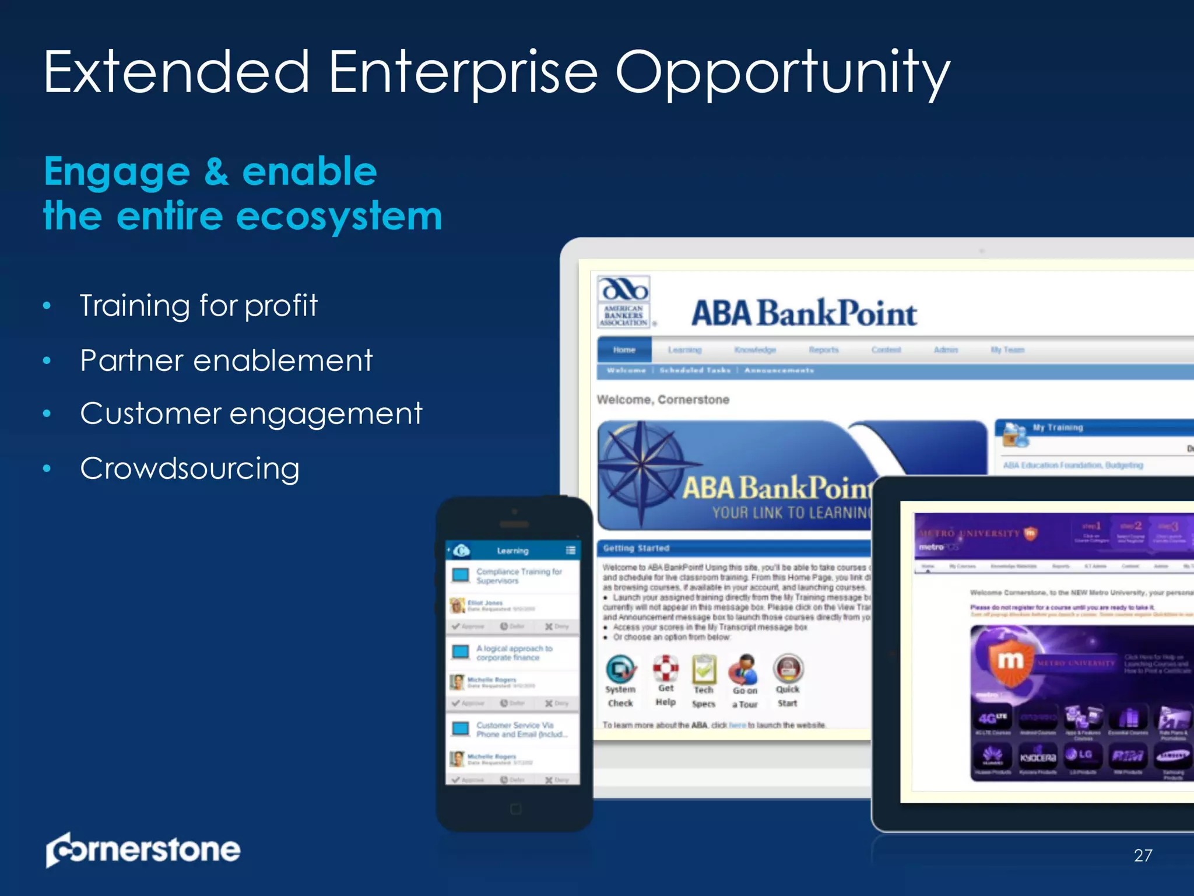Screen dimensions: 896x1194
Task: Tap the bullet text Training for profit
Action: (x=198, y=305)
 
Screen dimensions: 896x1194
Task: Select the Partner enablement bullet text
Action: (x=226, y=360)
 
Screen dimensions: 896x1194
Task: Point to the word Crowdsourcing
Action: (x=190, y=468)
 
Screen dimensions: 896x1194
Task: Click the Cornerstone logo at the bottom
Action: (x=143, y=849)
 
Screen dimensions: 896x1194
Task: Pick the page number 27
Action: (x=1143, y=855)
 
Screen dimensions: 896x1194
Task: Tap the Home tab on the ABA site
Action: (x=624, y=349)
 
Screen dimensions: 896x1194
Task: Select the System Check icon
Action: (x=620, y=669)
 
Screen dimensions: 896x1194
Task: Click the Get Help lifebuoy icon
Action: (x=665, y=668)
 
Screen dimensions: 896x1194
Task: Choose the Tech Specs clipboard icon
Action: (x=704, y=669)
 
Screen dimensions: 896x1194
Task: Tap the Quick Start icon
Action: (x=788, y=668)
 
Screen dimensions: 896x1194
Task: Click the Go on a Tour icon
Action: (x=745, y=669)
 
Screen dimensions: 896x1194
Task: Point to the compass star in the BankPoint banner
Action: (x=641, y=464)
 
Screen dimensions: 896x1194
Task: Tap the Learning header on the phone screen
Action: (x=512, y=551)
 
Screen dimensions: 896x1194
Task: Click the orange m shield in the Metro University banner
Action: (x=1010, y=662)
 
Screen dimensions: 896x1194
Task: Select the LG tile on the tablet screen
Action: (x=1082, y=755)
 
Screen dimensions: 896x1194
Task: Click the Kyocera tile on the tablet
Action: (x=1037, y=757)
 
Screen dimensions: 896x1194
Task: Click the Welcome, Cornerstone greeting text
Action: (x=663, y=400)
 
